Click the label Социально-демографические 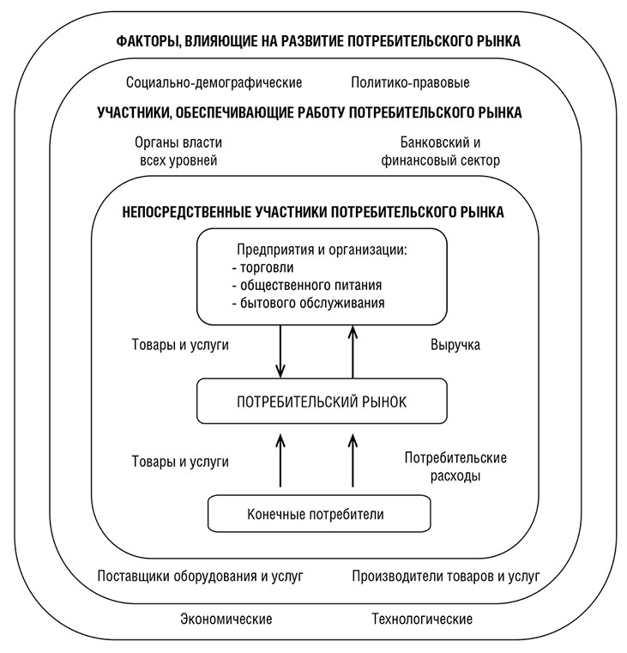[x=213, y=83]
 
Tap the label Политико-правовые [x=410, y=83]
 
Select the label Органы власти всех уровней [x=178, y=151]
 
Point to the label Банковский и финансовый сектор [x=449, y=151]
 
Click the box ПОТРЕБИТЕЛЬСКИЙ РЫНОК [x=316, y=401]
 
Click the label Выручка [x=454, y=345]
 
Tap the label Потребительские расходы [x=455, y=466]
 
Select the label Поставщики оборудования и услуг [x=200, y=575]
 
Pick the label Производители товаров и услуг [x=445, y=575]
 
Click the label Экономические [x=226, y=619]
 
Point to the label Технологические [x=421, y=619]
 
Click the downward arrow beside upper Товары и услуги [x=280, y=354]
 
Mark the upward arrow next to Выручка [x=353, y=354]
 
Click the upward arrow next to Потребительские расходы [x=353, y=463]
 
